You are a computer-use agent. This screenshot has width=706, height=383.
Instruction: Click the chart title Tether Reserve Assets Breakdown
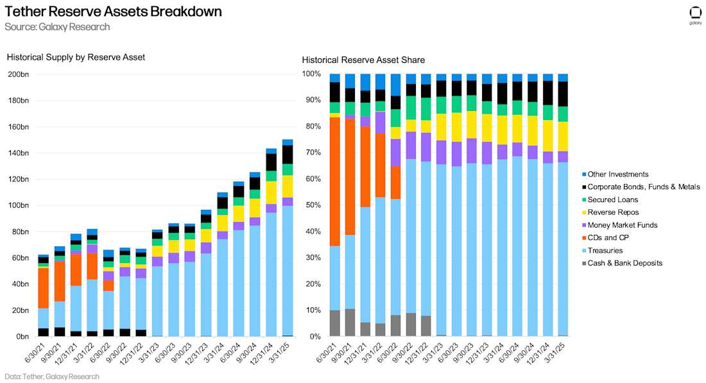tap(113, 12)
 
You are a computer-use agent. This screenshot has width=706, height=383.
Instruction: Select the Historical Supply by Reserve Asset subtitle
tap(76, 57)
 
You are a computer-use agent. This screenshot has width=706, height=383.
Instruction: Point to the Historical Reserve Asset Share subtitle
tap(363, 60)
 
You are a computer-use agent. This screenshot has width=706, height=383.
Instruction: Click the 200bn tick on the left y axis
tap(18, 74)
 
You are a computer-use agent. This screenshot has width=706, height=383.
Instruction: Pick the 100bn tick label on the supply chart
tap(18, 205)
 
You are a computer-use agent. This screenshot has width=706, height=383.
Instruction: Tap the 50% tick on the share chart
tap(312, 205)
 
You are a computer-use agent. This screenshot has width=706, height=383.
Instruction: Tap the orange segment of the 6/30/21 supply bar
tap(43, 288)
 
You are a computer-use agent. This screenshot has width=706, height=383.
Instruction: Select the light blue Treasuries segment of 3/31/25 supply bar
tap(288, 269)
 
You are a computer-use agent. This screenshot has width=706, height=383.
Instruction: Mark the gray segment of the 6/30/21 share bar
tap(335, 323)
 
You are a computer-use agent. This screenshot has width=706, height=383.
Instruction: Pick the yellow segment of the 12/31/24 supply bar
tap(271, 192)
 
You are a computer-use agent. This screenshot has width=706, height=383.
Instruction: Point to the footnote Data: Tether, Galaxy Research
tap(52, 377)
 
